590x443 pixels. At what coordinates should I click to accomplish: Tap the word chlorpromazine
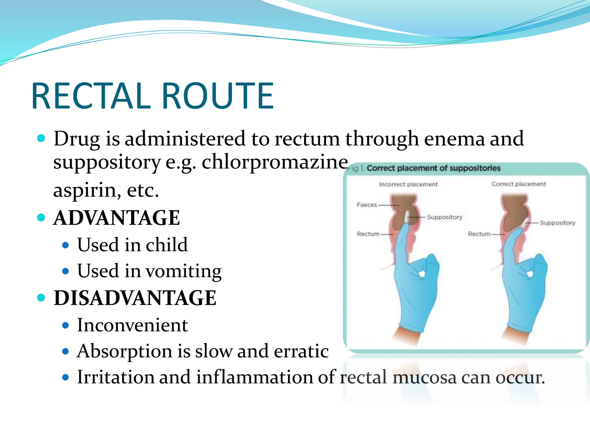(275, 162)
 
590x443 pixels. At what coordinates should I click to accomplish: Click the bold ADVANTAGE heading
(117, 218)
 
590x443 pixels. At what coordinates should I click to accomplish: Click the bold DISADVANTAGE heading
(135, 298)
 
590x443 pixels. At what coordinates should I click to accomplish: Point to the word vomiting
(183, 271)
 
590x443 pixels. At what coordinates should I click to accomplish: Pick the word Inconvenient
(133, 325)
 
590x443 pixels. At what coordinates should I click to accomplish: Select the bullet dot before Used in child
(66, 245)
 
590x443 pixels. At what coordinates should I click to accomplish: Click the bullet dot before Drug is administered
(41, 138)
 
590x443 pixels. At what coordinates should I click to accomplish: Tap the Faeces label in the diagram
(367, 205)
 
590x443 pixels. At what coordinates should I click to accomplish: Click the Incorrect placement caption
(408, 184)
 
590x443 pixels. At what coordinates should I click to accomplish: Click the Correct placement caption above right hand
(519, 184)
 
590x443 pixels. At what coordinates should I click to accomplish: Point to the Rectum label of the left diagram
(368, 234)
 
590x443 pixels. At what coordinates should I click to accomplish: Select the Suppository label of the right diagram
(557, 223)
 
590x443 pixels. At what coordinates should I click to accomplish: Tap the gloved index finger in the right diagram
(516, 242)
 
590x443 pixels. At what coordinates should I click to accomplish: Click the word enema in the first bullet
(455, 139)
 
